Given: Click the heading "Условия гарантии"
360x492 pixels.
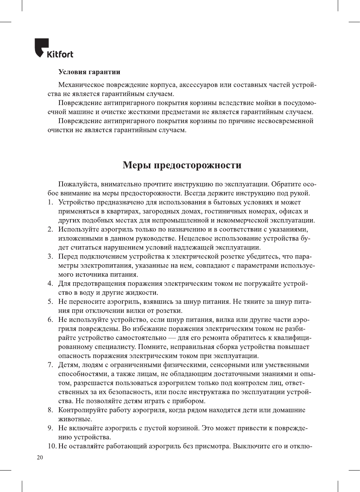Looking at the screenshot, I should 89,72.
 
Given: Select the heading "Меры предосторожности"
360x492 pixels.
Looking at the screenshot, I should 182,165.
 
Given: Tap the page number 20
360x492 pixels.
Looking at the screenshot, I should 40,457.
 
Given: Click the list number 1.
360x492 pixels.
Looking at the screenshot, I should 50,203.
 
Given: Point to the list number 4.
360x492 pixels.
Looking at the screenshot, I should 50,284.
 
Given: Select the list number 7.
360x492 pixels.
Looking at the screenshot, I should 50,365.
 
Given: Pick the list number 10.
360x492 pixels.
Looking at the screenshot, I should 52,446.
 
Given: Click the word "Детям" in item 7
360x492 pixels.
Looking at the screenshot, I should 68,365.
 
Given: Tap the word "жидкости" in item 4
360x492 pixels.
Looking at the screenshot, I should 143,293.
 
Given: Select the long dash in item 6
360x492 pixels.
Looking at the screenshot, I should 172,338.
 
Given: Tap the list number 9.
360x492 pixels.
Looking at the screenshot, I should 50,428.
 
